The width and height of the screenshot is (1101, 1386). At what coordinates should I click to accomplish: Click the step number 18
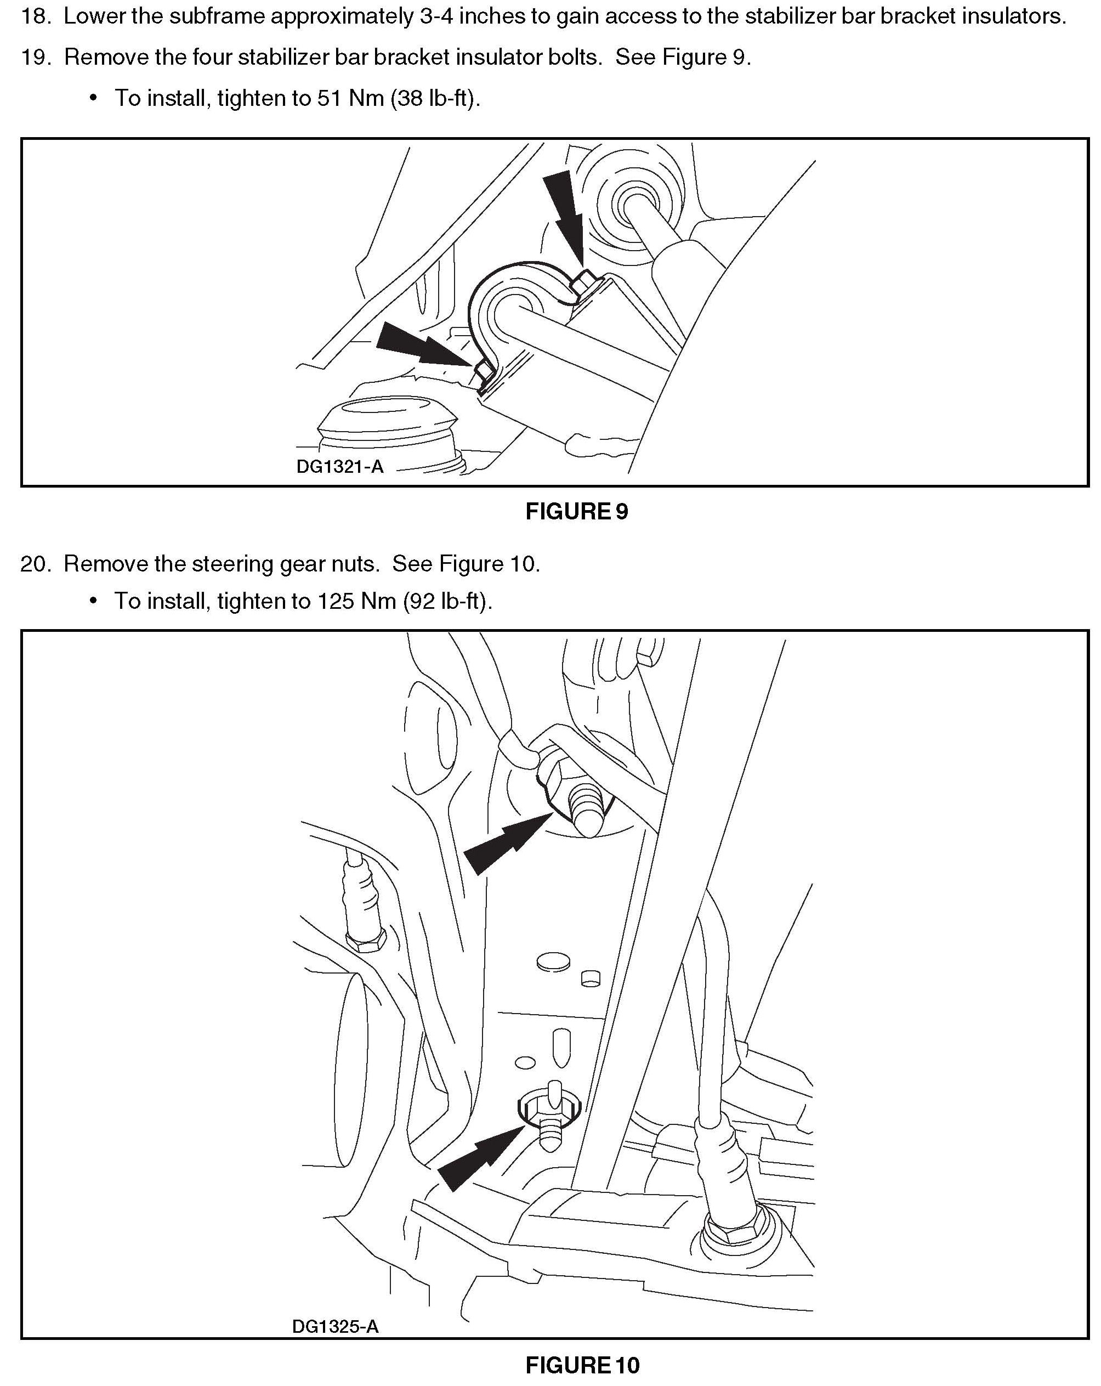(35, 16)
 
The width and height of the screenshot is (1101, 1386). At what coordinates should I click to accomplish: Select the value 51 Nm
(350, 98)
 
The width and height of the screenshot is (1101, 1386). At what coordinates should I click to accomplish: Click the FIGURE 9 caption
(576, 511)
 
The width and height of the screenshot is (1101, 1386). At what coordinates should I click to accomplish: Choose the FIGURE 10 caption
(582, 1365)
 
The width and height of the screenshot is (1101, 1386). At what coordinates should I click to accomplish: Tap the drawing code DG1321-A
(339, 466)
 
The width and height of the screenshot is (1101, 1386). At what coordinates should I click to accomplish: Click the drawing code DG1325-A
(335, 1326)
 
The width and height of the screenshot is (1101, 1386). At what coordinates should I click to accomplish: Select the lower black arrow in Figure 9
(418, 347)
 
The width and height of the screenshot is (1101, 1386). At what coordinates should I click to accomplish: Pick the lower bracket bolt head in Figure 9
(484, 371)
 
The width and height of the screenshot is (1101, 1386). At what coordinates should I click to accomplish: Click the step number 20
(35, 564)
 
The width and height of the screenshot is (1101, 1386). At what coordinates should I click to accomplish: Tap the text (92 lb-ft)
(448, 601)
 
